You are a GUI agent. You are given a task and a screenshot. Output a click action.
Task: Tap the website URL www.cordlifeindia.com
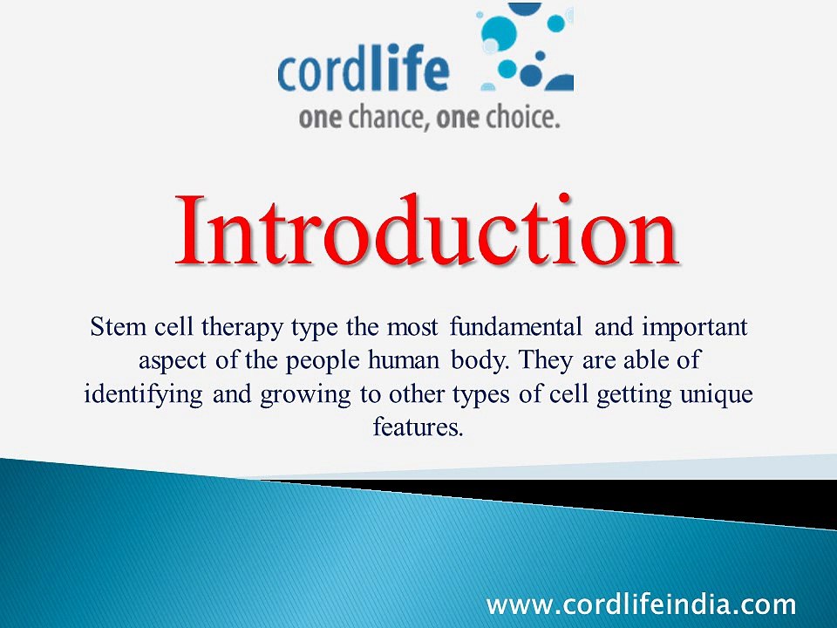641,604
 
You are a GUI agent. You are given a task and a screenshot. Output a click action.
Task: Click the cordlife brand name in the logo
364,72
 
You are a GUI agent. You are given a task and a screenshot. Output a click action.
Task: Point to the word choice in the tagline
514,118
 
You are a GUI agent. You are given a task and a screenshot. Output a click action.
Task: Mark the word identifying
145,393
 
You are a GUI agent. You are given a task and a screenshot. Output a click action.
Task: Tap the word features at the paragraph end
418,427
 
